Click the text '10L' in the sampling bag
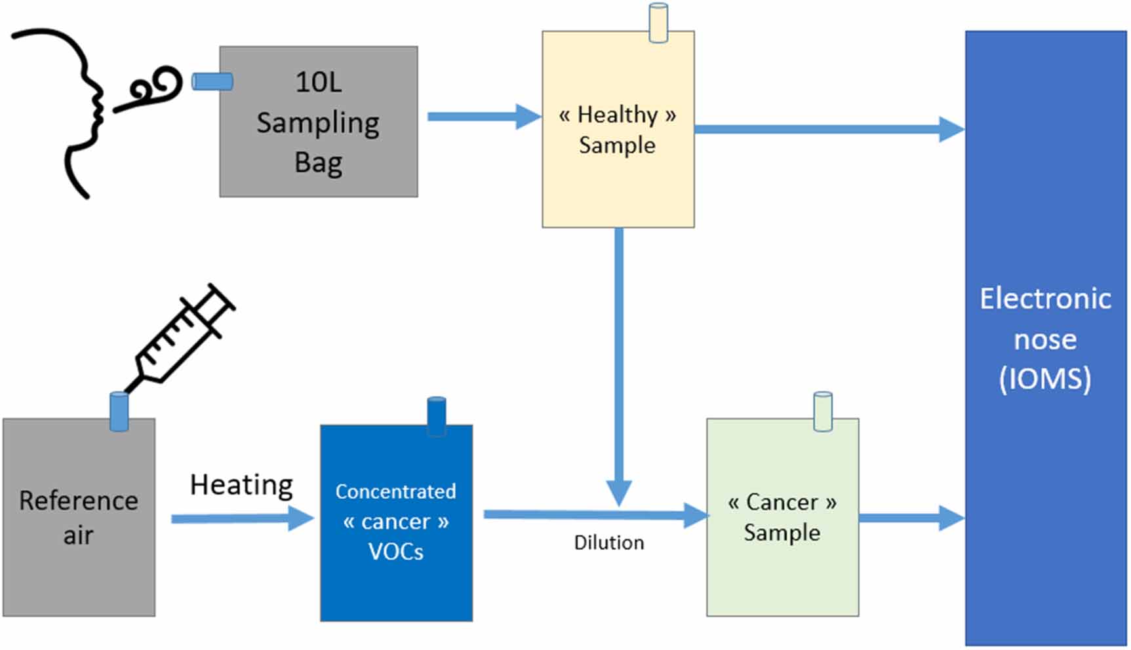[318, 83]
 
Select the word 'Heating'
[241, 486]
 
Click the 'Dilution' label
[608, 543]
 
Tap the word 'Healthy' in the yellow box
[617, 115]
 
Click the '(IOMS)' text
[1045, 379]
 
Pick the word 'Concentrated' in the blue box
[395, 491]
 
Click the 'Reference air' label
[79, 518]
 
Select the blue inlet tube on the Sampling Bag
[212, 81]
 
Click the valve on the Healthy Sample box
[658, 23]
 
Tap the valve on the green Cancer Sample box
[823, 411]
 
